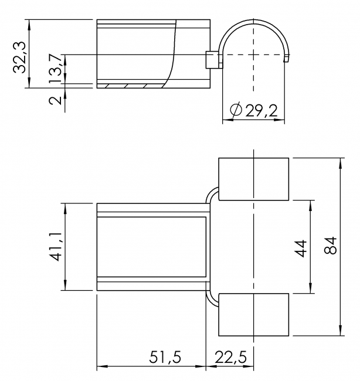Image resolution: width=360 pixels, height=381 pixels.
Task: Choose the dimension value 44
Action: pyautogui.click(x=301, y=247)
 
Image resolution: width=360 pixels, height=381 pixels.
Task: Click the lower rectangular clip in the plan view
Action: pyautogui.click(x=253, y=315)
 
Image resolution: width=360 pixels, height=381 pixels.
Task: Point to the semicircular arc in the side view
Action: pyautogui.click(x=253, y=23)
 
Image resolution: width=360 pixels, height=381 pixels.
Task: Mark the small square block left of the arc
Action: pyautogui.click(x=212, y=59)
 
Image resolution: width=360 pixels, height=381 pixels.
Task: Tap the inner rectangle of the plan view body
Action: pyautogui.click(x=151, y=247)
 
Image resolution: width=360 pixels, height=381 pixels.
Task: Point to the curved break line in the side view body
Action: pyautogui.click(x=172, y=56)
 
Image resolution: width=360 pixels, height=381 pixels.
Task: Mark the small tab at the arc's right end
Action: pyautogui.click(x=287, y=58)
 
